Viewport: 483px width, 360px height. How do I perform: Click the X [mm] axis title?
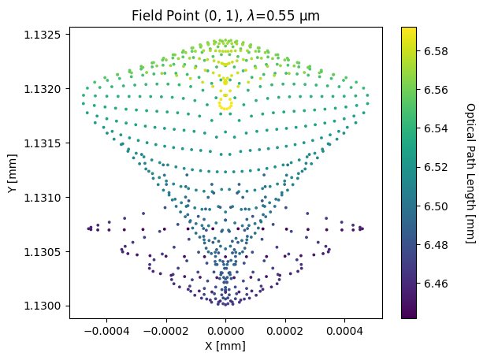coord(225,346)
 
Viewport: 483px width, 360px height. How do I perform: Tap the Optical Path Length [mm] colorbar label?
coord(470,173)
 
